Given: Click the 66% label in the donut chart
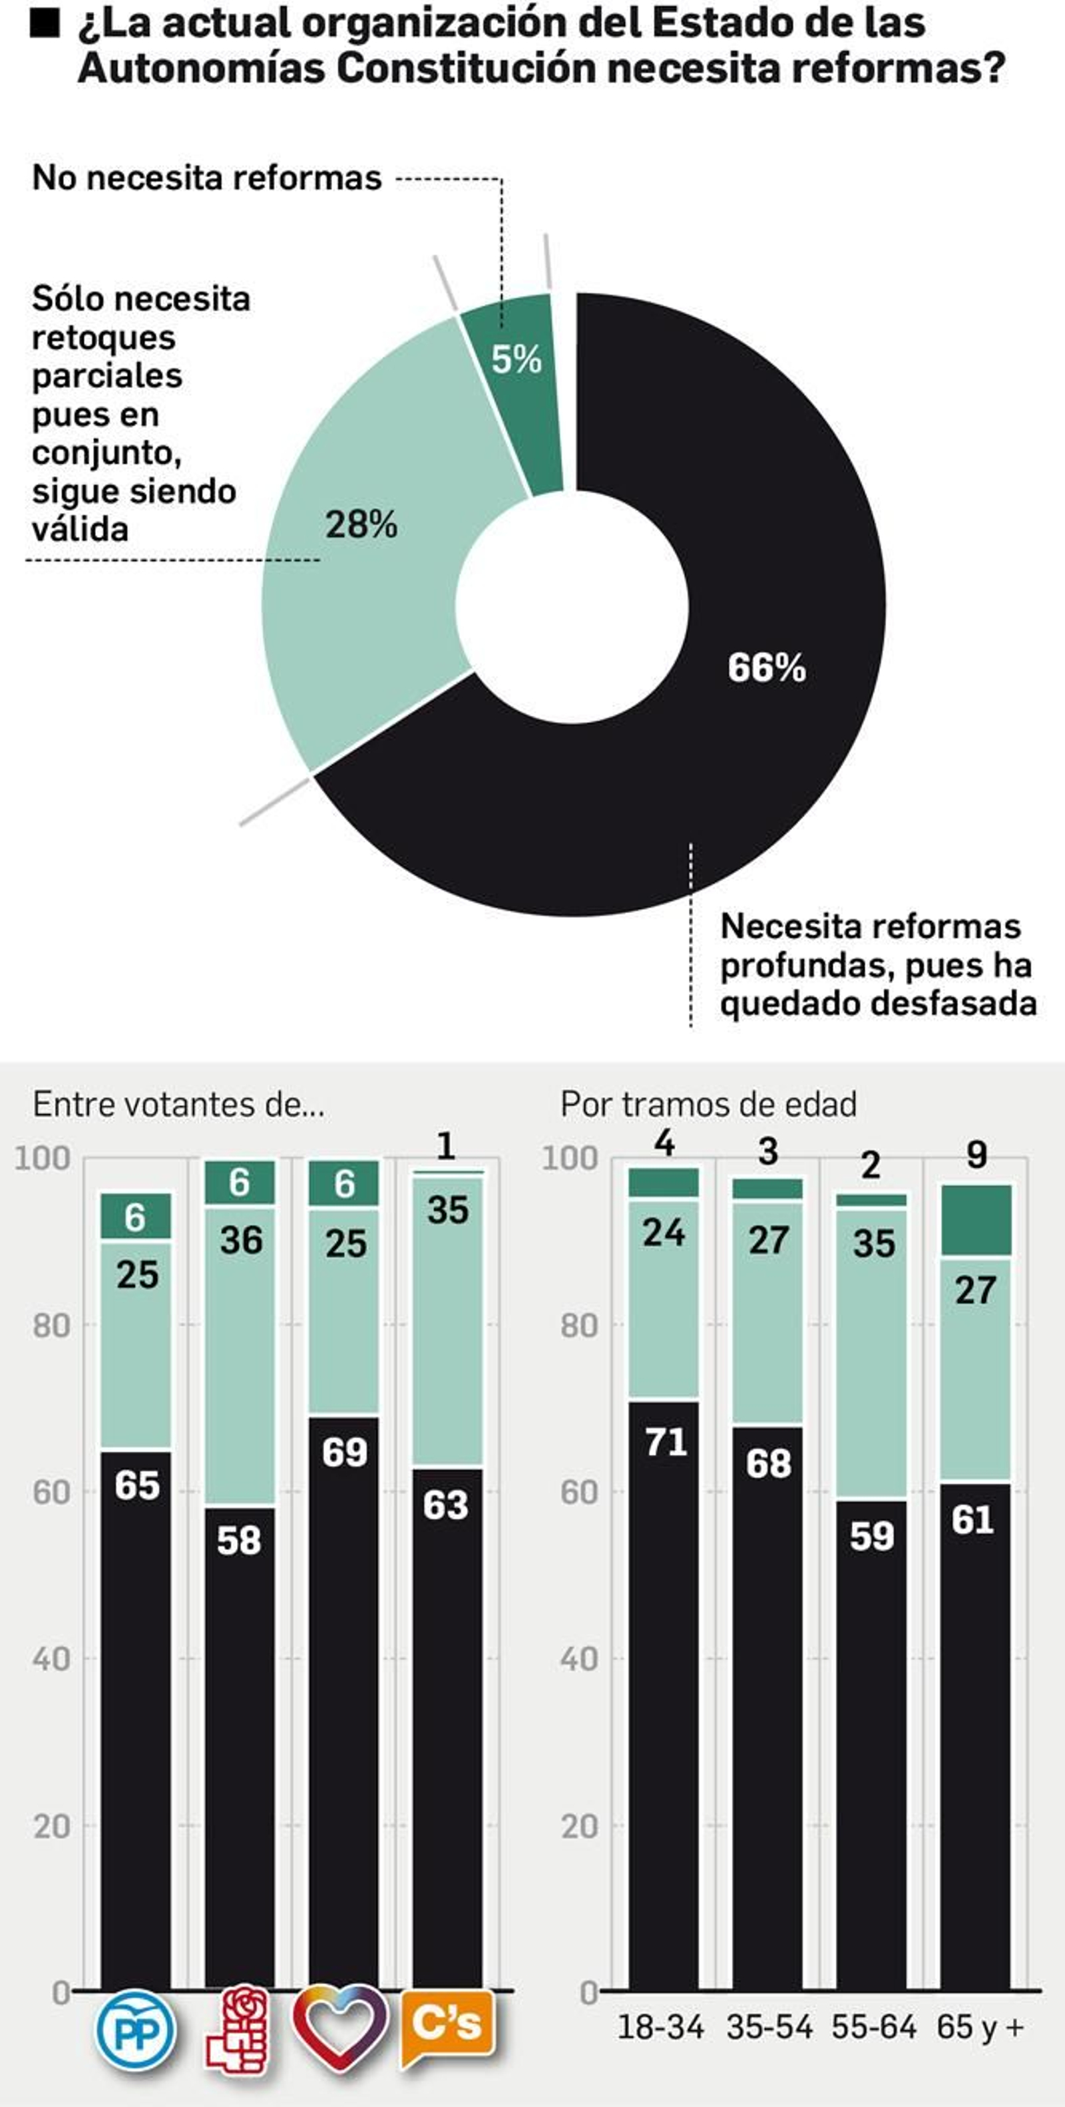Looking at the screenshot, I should (x=766, y=668).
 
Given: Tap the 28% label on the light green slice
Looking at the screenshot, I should (x=361, y=524).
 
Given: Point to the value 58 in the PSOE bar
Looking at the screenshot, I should (x=239, y=1540).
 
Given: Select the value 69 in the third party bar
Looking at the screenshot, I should (x=344, y=1452).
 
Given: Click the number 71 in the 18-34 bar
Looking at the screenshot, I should (x=665, y=1442).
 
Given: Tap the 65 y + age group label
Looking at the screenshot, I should (x=980, y=2027).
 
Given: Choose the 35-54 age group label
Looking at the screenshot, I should (x=769, y=2027).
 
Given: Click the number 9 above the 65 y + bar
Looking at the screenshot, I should (x=976, y=1155).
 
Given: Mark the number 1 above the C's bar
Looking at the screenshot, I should (x=446, y=1146).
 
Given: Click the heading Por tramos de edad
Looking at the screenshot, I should (x=708, y=1104).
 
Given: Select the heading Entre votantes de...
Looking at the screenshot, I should (x=178, y=1104).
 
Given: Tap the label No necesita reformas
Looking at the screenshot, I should (x=207, y=178).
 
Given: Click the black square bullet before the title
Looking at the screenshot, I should (x=45, y=25).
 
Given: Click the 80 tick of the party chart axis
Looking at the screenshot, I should (x=51, y=1325).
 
